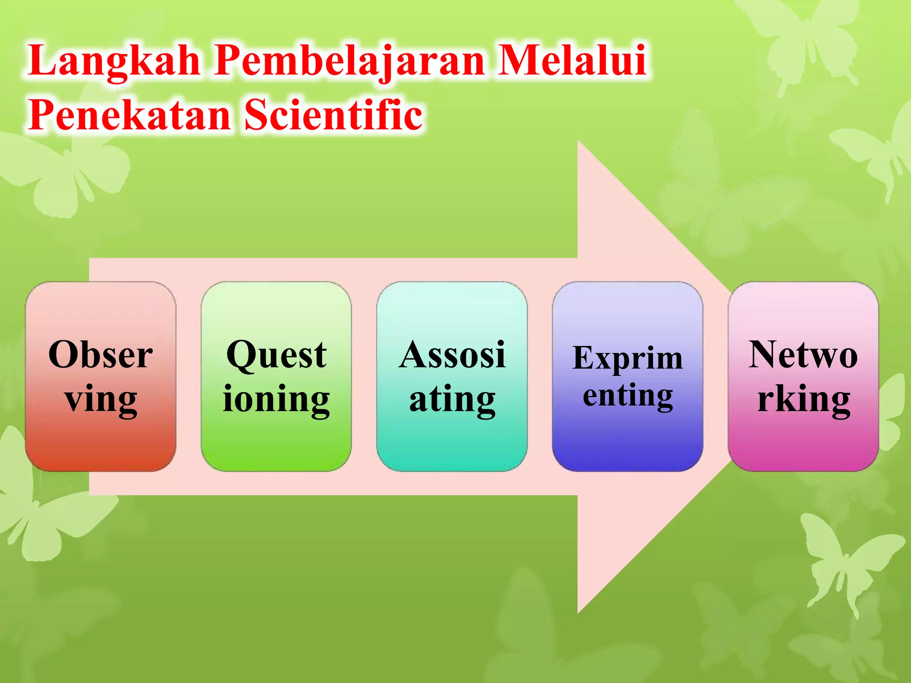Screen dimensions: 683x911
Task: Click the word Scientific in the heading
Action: [333, 115]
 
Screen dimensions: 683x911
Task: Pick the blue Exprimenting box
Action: [628, 440]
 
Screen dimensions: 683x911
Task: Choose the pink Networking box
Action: [803, 440]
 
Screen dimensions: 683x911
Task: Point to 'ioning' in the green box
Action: [276, 399]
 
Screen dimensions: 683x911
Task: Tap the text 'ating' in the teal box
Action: [452, 399]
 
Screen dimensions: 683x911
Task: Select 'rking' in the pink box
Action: [803, 399]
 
